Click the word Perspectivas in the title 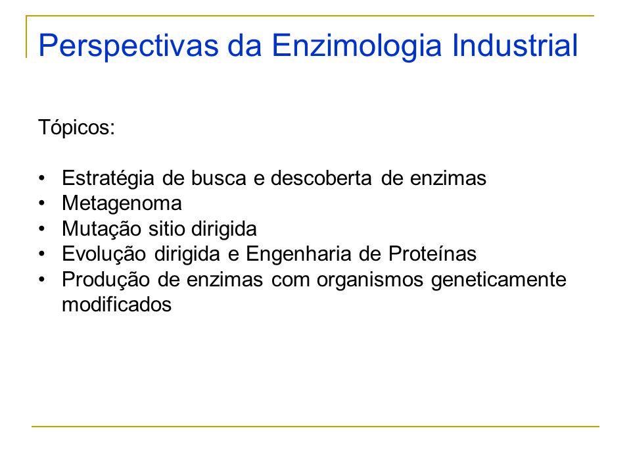(x=129, y=46)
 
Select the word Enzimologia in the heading (x=357, y=46)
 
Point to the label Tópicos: (x=76, y=128)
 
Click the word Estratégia (x=108, y=178)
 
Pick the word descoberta (x=321, y=178)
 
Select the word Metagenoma (x=122, y=203)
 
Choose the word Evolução (x=104, y=254)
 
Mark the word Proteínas (x=432, y=254)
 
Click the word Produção (x=106, y=280)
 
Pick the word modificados (x=117, y=304)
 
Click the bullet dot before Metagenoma (x=42, y=203)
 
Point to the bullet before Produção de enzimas (x=42, y=280)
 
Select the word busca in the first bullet (x=218, y=178)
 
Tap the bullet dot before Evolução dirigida (x=42, y=254)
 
